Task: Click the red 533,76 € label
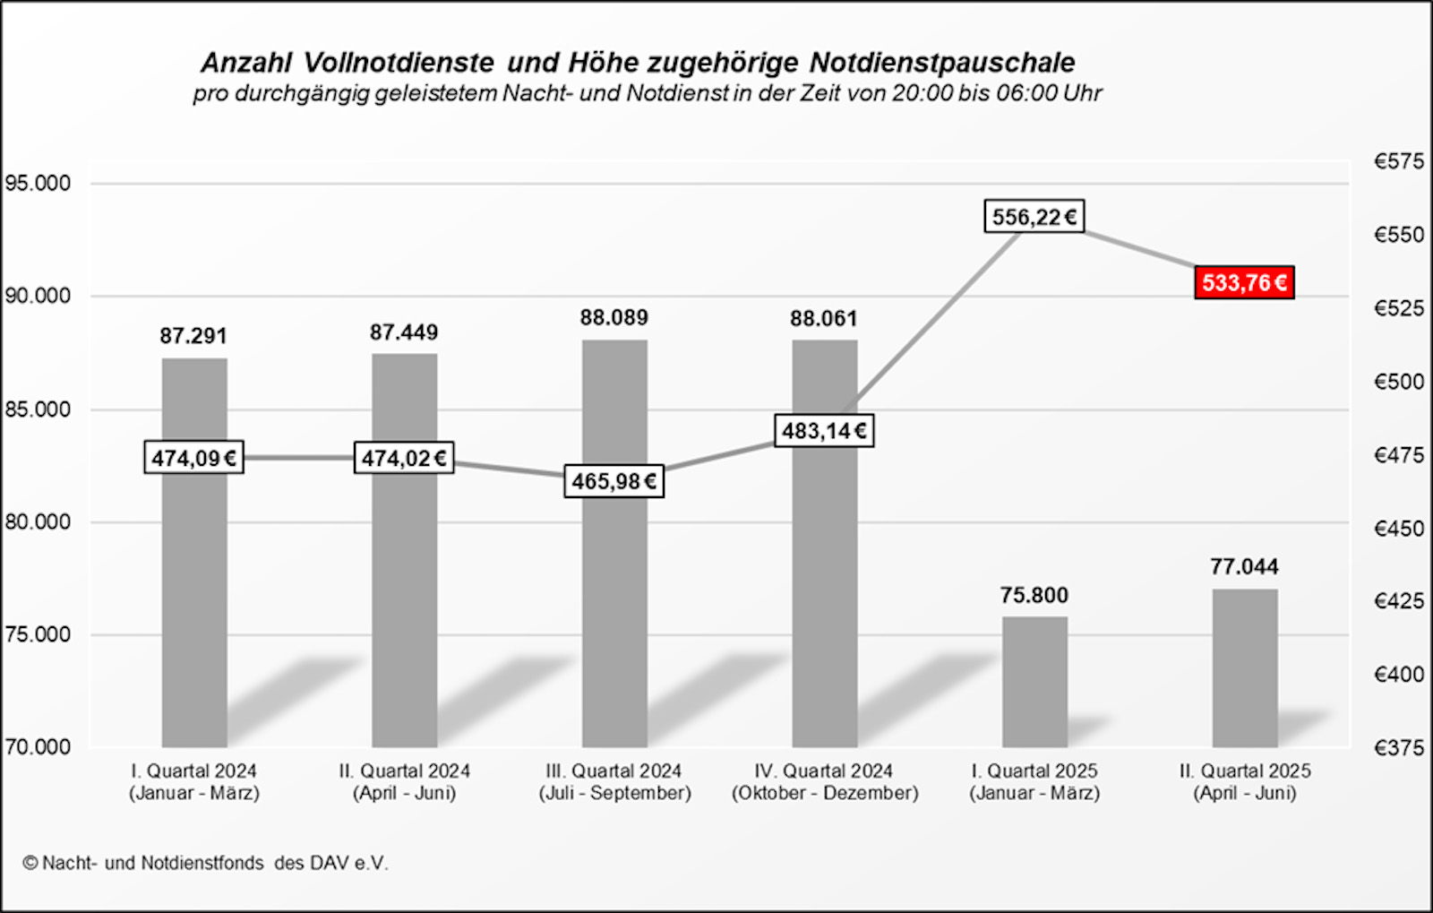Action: click(1244, 283)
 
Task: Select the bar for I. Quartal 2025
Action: click(1034, 681)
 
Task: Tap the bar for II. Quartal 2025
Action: click(1244, 668)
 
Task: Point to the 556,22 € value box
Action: click(1034, 217)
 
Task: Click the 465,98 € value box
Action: click(614, 481)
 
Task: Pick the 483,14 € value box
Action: click(824, 431)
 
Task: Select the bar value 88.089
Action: click(614, 318)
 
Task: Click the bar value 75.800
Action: click(1034, 596)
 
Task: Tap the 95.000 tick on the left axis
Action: click(38, 184)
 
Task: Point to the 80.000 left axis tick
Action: click(38, 522)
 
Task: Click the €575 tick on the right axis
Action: click(1398, 162)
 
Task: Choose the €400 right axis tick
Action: click(1398, 675)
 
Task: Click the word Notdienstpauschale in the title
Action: click(942, 63)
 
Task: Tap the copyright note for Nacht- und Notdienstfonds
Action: click(205, 863)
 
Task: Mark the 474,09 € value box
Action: click(193, 458)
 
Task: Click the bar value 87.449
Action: click(404, 333)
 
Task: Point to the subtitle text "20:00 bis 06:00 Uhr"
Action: click(996, 93)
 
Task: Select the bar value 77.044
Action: click(1244, 567)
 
